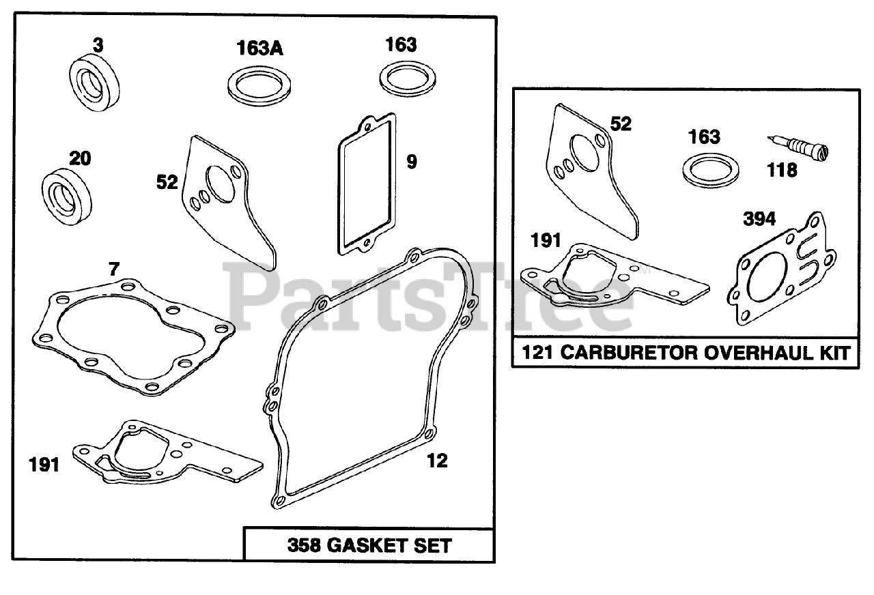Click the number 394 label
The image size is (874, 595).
pos(759,219)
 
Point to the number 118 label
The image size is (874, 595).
pos(782,170)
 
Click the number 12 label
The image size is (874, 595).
pos(436,461)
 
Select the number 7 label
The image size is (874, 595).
pos(113,269)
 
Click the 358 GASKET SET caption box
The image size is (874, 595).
pos(369,545)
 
